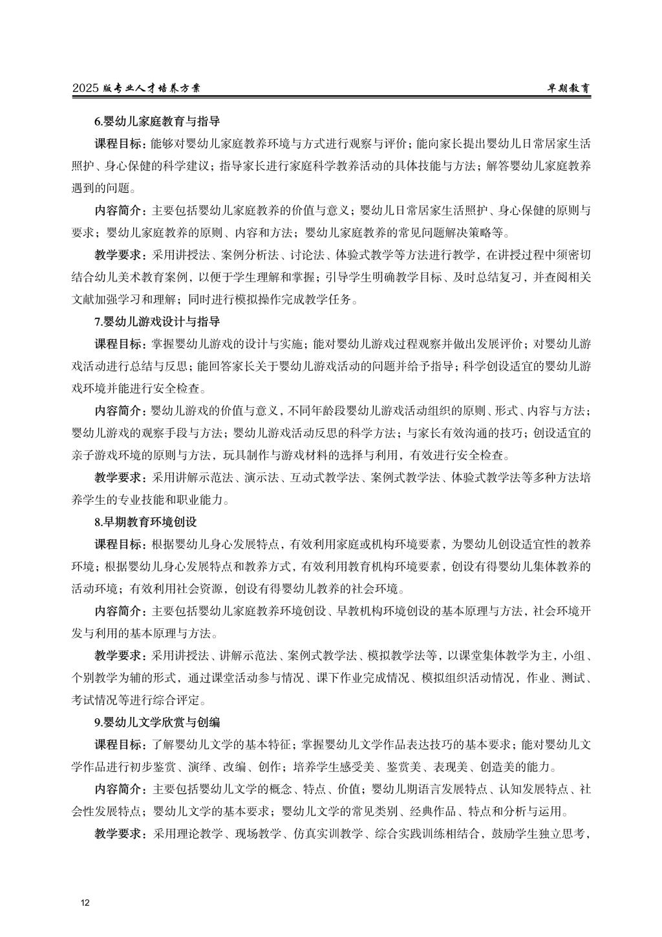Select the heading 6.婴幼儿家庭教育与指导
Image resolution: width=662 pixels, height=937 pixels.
tap(158, 121)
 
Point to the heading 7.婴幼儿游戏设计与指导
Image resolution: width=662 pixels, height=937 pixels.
tap(158, 321)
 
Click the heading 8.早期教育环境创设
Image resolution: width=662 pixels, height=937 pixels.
tap(145, 521)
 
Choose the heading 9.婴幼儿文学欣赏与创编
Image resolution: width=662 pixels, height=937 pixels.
tap(158, 722)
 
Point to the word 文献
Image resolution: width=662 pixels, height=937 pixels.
tap(83, 299)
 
